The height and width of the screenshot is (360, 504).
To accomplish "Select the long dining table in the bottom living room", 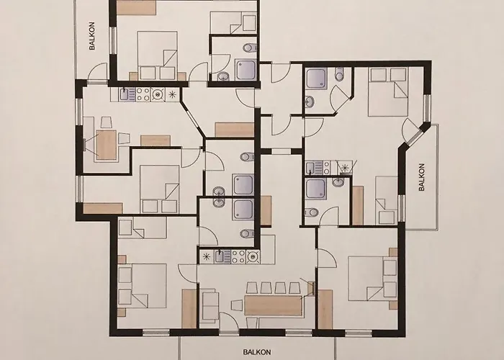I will [273, 305].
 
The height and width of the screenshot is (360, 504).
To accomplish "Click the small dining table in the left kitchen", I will [106, 144].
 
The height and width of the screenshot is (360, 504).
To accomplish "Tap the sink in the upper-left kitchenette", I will [124, 94].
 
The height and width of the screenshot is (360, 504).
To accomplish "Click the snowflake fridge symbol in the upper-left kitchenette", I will [172, 94].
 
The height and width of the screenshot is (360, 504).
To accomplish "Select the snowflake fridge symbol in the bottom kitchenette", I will [207, 256].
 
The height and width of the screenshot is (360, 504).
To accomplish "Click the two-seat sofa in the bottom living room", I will [210, 305].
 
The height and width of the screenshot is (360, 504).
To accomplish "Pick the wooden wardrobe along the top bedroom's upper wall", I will [137, 7].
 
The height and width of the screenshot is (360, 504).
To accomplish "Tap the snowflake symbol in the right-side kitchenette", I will [345, 168].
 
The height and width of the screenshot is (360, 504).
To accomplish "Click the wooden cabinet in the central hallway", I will [235, 130].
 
